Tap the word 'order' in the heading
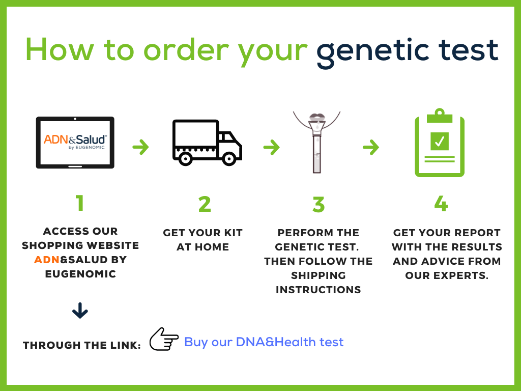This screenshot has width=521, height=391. [186, 50]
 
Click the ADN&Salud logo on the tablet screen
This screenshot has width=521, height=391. [75, 142]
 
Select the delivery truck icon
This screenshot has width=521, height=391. [207, 143]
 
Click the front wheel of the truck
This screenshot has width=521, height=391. [229, 159]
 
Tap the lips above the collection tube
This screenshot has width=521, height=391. [317, 117]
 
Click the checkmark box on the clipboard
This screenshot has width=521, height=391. [440, 142]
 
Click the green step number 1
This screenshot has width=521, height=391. [80, 203]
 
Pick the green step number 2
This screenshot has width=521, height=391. [205, 204]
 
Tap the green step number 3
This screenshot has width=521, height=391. [319, 204]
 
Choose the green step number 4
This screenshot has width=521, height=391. [441, 203]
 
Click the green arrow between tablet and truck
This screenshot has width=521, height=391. [140, 147]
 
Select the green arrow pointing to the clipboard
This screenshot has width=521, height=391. [371, 147]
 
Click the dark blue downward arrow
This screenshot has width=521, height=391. [80, 311]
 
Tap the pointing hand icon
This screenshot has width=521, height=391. [164, 339]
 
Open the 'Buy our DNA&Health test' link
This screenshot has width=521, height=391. [264, 342]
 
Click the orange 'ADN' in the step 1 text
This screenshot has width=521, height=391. [47, 260]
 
